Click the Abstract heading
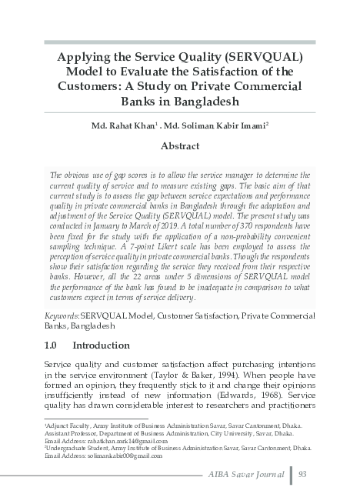pos(180,145)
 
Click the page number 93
pos(304,473)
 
